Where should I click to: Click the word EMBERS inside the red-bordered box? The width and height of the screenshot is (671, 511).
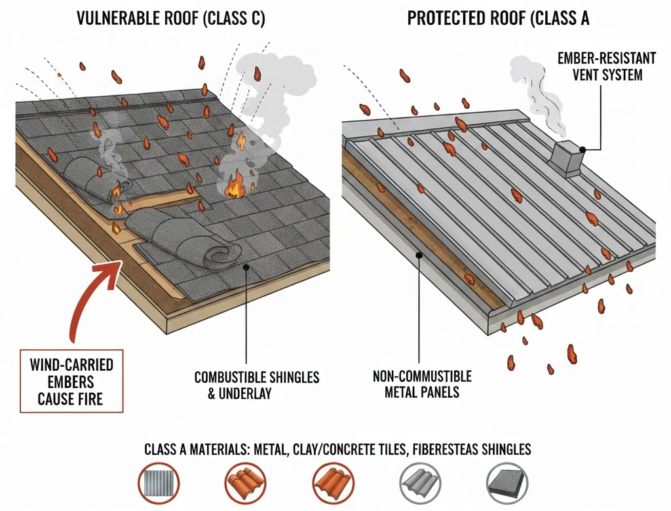(x=70, y=382)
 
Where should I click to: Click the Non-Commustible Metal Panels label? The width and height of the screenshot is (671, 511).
(x=422, y=385)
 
